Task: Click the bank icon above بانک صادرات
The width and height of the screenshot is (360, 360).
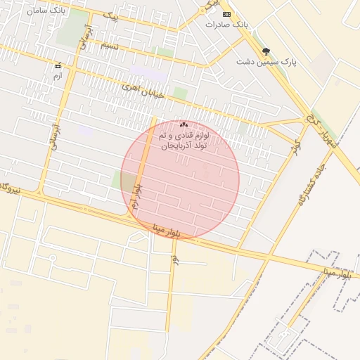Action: click(x=226, y=14)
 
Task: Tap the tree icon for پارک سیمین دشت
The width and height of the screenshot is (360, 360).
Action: click(x=266, y=51)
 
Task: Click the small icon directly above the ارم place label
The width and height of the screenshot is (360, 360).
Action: click(x=58, y=66)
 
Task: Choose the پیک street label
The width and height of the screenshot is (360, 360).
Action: click(x=110, y=17)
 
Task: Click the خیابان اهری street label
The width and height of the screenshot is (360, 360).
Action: click(x=143, y=89)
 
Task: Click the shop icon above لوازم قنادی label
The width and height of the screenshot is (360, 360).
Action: click(x=184, y=124)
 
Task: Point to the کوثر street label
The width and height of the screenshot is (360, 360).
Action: click(x=297, y=150)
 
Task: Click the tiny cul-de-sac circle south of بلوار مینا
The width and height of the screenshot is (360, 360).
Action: click(x=51, y=257)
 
